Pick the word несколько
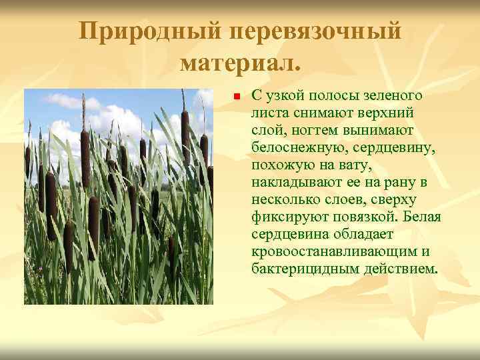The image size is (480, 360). pyautogui.click(x=289, y=199)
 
